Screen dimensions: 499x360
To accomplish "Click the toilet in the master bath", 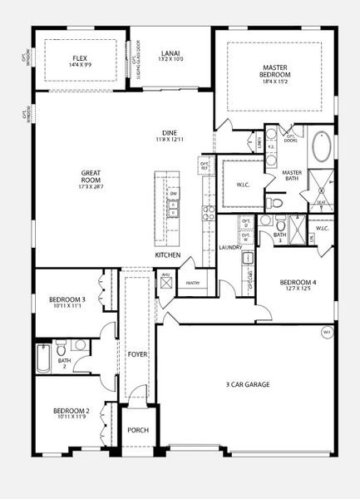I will click(277, 202).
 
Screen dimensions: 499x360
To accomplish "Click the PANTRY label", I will click(192, 283).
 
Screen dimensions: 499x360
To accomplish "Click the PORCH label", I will click(137, 430).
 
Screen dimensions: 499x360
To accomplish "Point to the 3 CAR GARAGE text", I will click(247, 385).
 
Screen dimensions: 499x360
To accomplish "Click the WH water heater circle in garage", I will click(325, 333).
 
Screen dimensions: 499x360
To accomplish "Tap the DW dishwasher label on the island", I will click(174, 194).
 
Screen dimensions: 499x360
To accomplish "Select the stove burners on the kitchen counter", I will click(209, 214).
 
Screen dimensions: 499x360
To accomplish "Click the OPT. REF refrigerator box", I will click(204, 166).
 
